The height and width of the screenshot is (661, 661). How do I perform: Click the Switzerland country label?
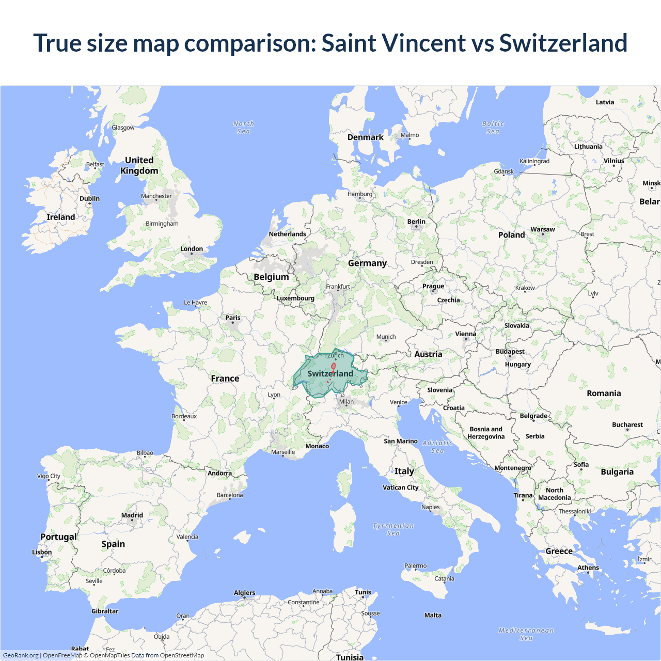(330, 373)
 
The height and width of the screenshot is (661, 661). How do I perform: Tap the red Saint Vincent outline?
(333, 366)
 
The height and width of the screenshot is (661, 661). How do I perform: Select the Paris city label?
(233, 318)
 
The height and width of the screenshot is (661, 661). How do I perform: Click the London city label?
(192, 249)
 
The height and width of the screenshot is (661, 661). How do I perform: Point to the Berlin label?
(416, 222)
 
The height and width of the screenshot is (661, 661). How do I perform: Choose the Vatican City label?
(400, 487)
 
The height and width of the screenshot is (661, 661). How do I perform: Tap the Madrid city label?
(132, 515)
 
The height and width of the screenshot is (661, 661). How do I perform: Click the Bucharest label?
(627, 424)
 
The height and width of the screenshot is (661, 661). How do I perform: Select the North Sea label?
(244, 128)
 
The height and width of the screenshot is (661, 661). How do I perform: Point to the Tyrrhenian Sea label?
(394, 529)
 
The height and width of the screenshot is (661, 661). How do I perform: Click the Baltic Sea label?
(493, 128)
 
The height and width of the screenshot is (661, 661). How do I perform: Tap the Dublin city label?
(89, 198)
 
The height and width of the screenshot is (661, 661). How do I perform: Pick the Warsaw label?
(543, 229)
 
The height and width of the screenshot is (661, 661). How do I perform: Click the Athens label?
(588, 568)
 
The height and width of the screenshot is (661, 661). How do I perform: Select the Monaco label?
(317, 446)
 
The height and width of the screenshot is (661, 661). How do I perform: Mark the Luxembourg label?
(295, 298)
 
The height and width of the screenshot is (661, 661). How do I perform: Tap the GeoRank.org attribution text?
(21, 655)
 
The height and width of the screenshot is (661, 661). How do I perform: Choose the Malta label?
(433, 615)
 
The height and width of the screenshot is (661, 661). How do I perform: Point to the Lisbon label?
(42, 552)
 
